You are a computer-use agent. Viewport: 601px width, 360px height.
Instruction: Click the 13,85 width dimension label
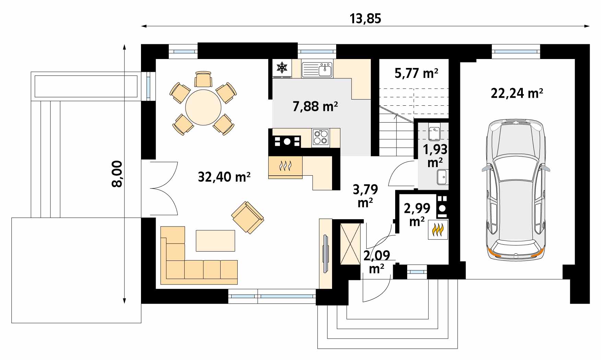point(365,19)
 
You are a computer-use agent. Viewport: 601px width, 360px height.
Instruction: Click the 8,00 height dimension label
point(117,174)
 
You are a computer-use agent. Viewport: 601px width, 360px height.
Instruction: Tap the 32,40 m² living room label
point(224,177)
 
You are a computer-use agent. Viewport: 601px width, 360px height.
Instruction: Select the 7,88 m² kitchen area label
point(315,106)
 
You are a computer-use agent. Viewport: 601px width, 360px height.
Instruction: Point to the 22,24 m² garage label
point(517,93)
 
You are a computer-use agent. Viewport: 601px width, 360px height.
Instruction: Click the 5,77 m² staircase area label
point(416,73)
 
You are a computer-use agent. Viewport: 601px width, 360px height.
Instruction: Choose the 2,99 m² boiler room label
point(417,214)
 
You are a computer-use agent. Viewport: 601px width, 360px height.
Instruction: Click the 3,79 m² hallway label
point(365,196)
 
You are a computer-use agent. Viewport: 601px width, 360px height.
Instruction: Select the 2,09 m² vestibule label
point(377,262)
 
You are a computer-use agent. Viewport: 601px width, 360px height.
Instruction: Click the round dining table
point(203,107)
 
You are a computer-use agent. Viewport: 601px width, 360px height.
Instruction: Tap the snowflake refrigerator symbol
point(282,68)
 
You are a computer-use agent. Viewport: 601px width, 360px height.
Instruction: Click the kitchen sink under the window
point(325,70)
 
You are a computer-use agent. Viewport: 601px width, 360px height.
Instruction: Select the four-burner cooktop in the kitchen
point(320,138)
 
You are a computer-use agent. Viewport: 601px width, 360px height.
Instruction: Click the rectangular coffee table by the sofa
point(215,241)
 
